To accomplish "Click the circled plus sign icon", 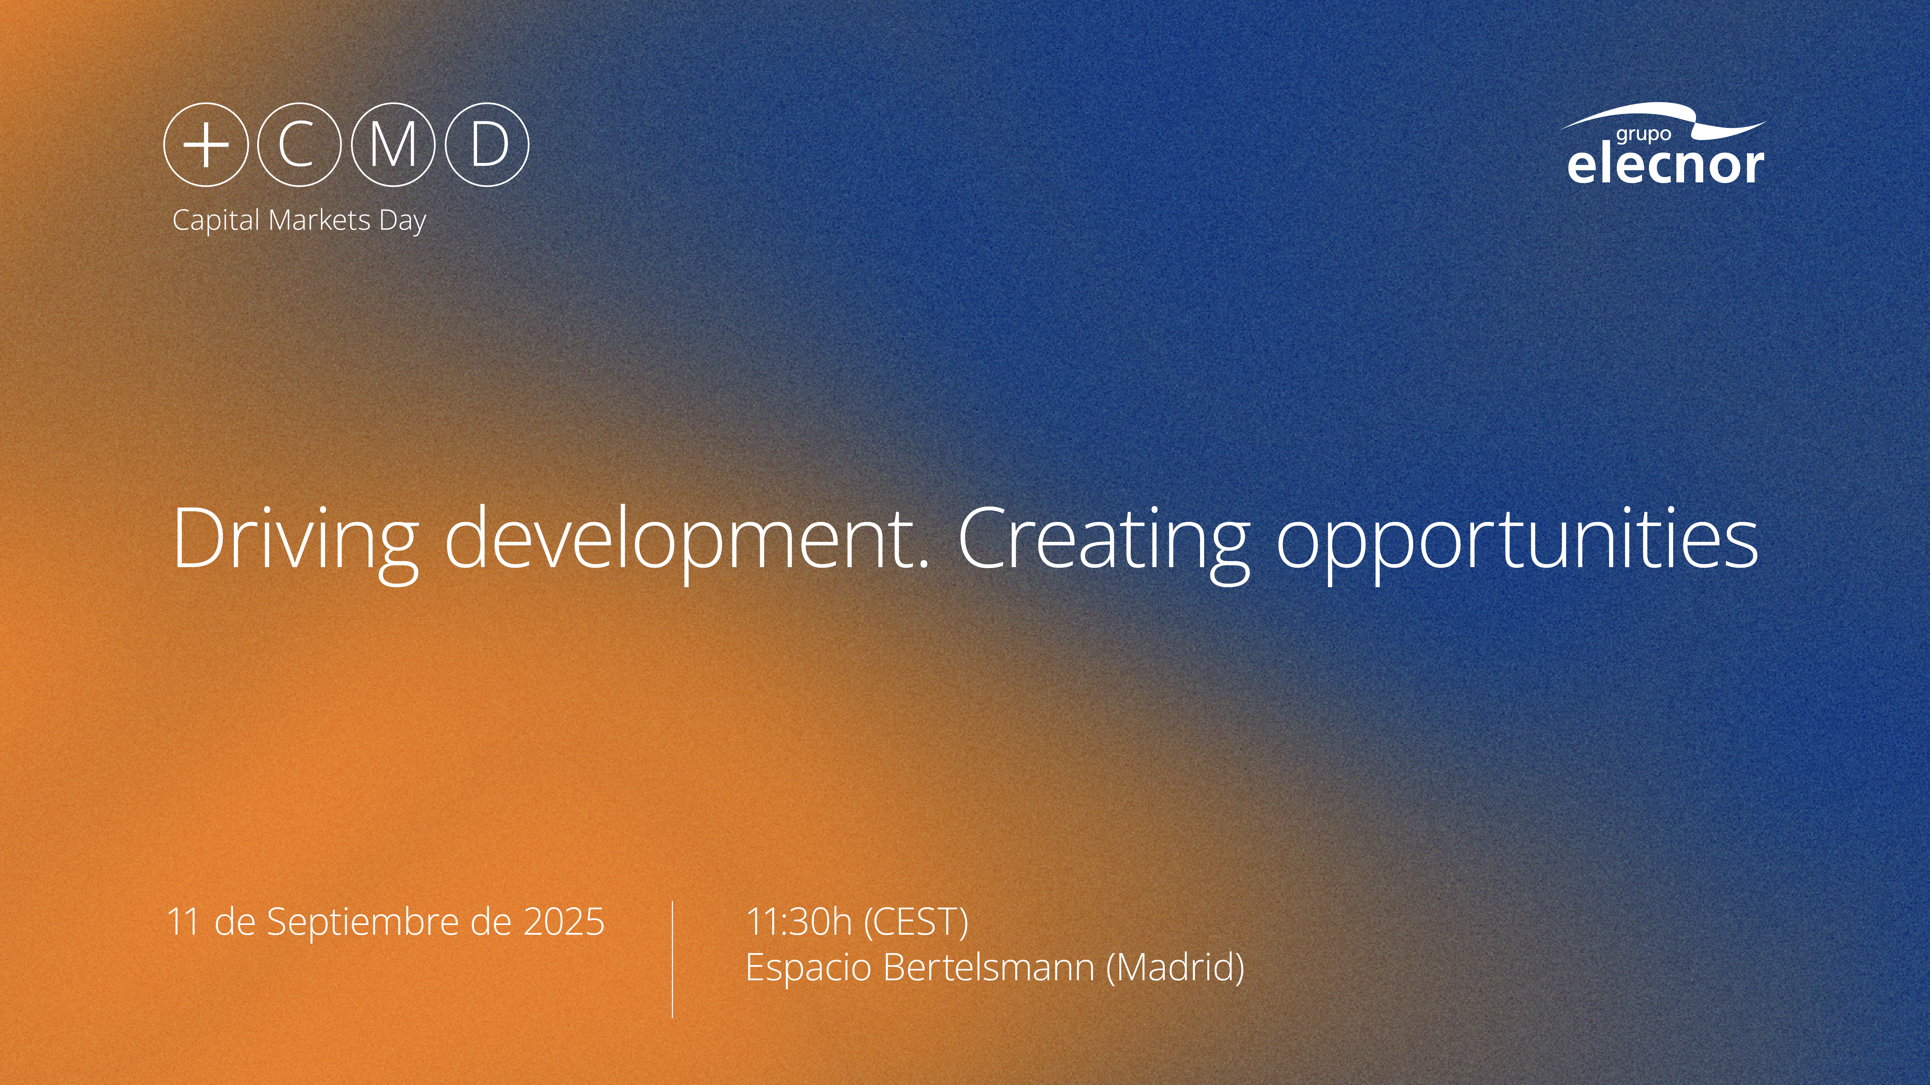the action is click(x=206, y=145).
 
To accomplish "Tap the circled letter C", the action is click(x=299, y=145).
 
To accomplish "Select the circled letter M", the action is click(x=393, y=145).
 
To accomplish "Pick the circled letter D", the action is click(x=487, y=145).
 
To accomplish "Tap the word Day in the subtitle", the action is click(x=403, y=222).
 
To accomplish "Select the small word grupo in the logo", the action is click(x=1643, y=135).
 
